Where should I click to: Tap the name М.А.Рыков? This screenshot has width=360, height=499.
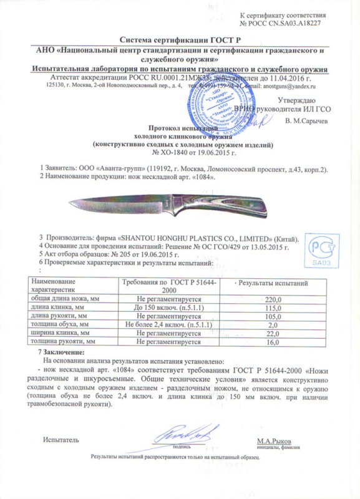pyautogui.click(x=273, y=440)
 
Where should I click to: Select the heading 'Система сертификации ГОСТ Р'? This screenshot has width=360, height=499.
pyautogui.click(x=180, y=38)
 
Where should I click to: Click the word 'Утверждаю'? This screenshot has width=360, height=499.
pyautogui.click(x=300, y=100)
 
